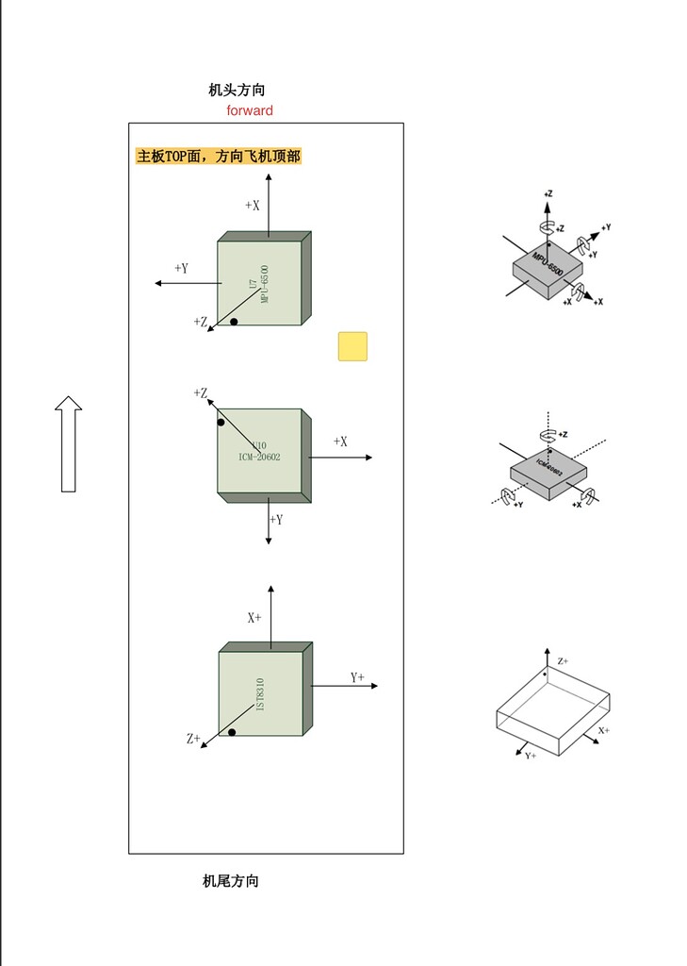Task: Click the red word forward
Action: click(x=250, y=110)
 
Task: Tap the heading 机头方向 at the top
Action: click(x=237, y=91)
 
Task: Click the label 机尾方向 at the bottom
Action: click(x=231, y=881)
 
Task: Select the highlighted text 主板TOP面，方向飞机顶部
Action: click(x=219, y=157)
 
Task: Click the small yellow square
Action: click(x=352, y=346)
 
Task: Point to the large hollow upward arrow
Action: click(x=68, y=443)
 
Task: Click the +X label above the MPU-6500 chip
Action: click(x=252, y=205)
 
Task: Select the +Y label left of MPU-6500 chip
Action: click(x=181, y=269)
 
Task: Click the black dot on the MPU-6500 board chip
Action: click(x=234, y=322)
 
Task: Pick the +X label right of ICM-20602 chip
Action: click(x=340, y=441)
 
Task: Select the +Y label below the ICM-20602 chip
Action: click(x=276, y=520)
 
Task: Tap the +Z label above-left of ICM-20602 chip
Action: click(x=200, y=392)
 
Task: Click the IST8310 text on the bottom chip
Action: click(x=260, y=695)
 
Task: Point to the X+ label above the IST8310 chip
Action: click(x=254, y=618)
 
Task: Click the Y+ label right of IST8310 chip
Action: click(x=357, y=677)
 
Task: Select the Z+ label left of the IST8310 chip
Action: click(x=193, y=740)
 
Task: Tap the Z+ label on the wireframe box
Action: click(x=563, y=662)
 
